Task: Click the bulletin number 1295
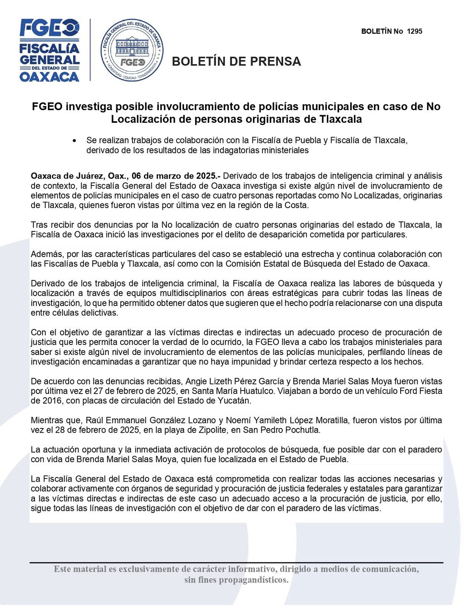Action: click(x=414, y=31)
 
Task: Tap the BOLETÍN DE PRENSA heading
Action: click(x=236, y=62)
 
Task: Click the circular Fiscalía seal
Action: click(x=132, y=50)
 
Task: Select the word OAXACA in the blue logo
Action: click(x=49, y=77)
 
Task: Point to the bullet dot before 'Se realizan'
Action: click(x=74, y=141)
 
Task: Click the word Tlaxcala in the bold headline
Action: click(x=340, y=119)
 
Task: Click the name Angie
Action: click(x=196, y=381)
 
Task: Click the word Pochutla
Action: click(x=300, y=430)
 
